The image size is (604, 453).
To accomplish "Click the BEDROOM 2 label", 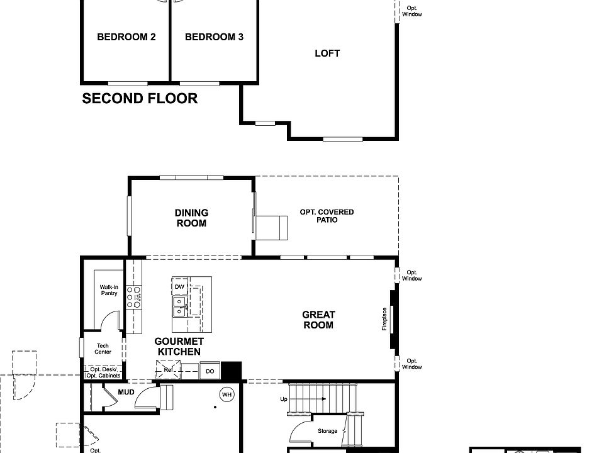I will point(126,37).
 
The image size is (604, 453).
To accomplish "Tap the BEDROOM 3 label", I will point(214,37).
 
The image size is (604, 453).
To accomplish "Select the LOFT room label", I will point(327,53).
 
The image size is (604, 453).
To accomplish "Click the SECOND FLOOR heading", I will point(140,99).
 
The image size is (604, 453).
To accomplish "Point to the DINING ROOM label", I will point(191,218).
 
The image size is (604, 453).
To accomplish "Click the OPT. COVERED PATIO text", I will point(327,216).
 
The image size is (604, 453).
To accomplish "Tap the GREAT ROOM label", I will point(318,320).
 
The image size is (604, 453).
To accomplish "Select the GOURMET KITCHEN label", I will point(179,347).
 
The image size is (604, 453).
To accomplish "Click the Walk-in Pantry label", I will point(109,290).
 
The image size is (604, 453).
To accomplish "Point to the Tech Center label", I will point(103,349).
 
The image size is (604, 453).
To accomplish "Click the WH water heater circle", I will point(226,394).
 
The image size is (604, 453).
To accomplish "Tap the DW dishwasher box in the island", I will point(179,287).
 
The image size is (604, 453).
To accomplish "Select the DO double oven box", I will point(210,372).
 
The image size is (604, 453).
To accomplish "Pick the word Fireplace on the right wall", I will point(384,318).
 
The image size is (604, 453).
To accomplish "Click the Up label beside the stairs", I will point(284,399).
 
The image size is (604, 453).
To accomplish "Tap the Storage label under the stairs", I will point(327,431).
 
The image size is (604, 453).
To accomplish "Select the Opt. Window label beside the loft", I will point(412,11).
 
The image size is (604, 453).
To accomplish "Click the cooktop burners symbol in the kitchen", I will point(134,296).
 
